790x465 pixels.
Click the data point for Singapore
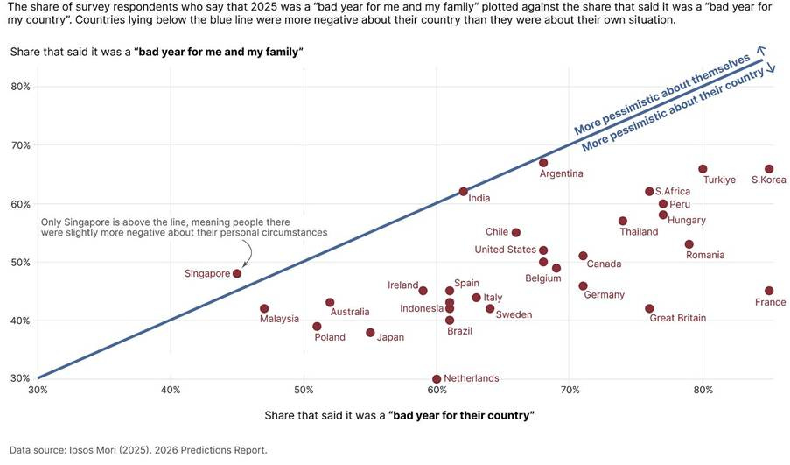237,273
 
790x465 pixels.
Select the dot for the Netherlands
437,378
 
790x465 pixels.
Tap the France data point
769,291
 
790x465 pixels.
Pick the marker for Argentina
543,163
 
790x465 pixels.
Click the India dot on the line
464,192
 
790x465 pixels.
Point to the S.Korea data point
769,169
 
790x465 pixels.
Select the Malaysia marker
264,308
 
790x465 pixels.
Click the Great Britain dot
649,308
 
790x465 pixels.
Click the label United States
505,250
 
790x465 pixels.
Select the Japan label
390,337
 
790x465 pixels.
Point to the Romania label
705,255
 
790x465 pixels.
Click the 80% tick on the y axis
20,87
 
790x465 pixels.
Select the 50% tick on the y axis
20,262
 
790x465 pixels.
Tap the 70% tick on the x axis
570,389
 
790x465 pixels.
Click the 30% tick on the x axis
38,389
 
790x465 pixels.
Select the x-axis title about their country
399,414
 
